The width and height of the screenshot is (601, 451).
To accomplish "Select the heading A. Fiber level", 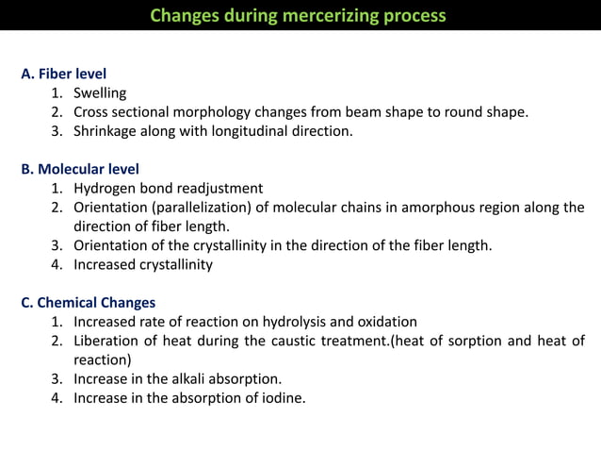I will pyautogui.click(x=63, y=73).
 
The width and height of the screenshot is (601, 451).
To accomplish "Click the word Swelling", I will pyautogui.click(x=100, y=92).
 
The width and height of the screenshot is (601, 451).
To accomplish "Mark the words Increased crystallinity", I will pyautogui.click(x=143, y=264).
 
